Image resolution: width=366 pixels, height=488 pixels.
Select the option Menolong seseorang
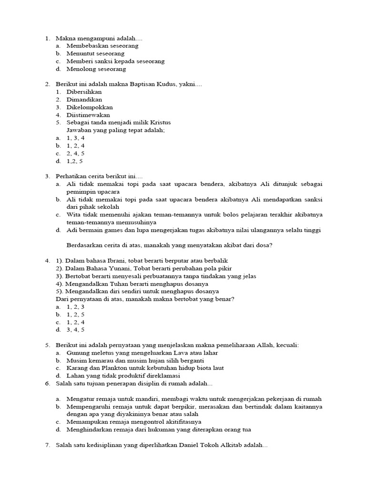point(96,69)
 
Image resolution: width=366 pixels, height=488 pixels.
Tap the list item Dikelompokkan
point(90,107)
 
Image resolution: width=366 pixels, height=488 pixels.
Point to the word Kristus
point(160,122)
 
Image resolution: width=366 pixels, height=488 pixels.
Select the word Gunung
point(77,353)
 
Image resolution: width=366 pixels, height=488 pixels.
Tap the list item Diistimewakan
point(88,115)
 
